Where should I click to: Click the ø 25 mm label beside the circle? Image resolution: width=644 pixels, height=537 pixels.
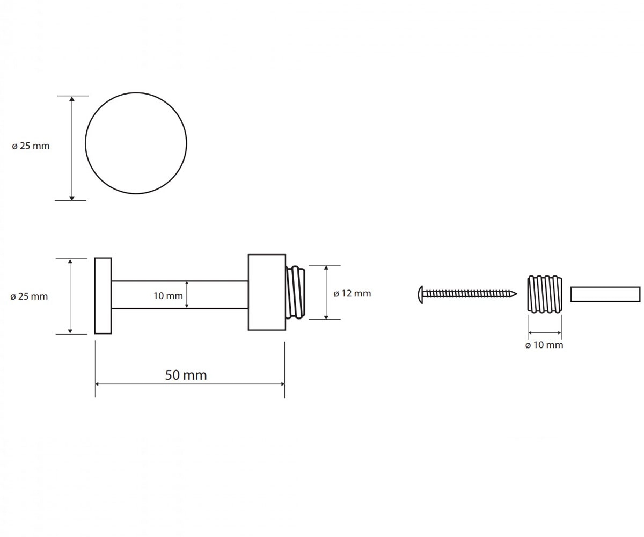coord(31,146)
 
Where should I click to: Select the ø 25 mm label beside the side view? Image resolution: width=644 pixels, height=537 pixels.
coord(30,296)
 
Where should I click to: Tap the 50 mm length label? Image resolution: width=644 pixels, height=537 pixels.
coord(186,375)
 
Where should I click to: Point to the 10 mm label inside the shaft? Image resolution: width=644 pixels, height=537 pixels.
coord(168,296)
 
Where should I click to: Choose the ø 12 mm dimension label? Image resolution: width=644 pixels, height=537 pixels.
coord(352,294)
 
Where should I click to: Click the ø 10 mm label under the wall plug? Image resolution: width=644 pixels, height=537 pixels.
coord(544,345)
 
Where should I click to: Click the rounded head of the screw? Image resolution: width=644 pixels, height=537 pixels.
coord(421,295)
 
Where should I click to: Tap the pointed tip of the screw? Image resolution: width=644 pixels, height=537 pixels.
coord(517,294)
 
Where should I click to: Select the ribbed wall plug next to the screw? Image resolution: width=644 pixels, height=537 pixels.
coord(545,294)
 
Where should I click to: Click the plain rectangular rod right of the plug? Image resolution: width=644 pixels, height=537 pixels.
coord(605,294)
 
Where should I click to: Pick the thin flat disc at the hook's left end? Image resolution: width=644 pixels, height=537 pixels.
coord(103,296)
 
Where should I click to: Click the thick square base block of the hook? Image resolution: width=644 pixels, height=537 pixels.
coord(267,292)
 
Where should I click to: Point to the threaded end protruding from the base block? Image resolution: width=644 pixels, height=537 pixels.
coord(296,292)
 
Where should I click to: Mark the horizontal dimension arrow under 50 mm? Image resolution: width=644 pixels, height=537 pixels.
coord(189,384)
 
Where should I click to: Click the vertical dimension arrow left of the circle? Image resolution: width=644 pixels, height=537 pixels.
coord(72,148)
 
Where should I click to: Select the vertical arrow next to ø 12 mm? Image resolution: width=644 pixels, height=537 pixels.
coord(326,292)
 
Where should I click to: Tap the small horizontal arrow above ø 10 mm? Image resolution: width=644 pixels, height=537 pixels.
coord(545,333)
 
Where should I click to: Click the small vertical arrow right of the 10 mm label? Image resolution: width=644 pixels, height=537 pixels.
coord(187,294)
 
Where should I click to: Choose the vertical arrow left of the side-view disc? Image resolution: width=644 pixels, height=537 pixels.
coord(70,296)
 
